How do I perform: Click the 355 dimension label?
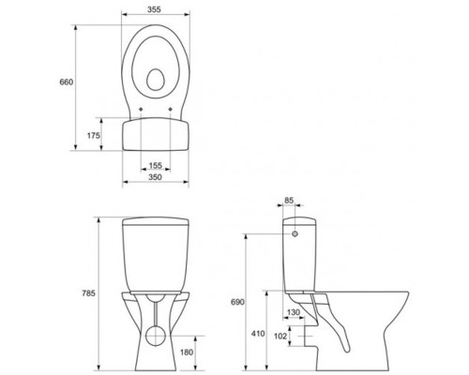[154, 9]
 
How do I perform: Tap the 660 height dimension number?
[67, 82]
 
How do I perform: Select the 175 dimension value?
[94, 136]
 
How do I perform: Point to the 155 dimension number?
[156, 165]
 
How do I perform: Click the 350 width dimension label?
[155, 177]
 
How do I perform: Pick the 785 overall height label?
[88, 293]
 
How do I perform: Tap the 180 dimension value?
[187, 352]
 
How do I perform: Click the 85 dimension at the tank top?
[289, 200]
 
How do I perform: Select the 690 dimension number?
[237, 302]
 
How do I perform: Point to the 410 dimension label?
[258, 334]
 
